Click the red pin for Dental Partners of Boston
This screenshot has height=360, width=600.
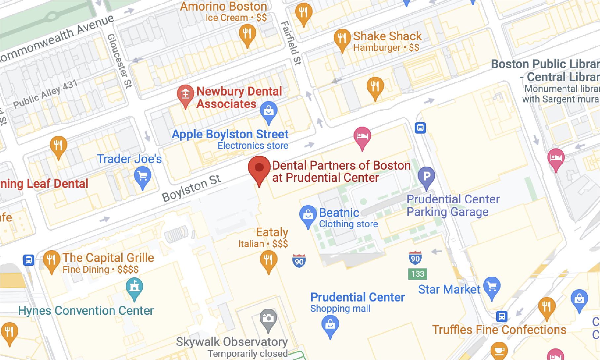(259, 168)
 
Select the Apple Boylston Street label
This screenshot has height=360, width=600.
(230, 134)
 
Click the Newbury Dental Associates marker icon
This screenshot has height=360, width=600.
(185, 95)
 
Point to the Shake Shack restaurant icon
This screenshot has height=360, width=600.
(342, 38)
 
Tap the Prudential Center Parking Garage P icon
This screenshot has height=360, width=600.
(427, 176)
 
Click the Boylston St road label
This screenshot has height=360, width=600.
(191, 188)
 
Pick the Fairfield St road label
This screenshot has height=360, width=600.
(291, 43)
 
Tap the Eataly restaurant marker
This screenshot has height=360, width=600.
(269, 260)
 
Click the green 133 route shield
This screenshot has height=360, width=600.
(418, 274)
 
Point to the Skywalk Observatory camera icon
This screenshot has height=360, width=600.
(268, 319)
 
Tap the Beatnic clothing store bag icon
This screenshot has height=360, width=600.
(308, 215)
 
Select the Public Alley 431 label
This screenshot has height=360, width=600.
(45, 94)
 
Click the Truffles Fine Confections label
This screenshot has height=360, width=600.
(499, 330)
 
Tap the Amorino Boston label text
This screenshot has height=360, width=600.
(223, 7)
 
